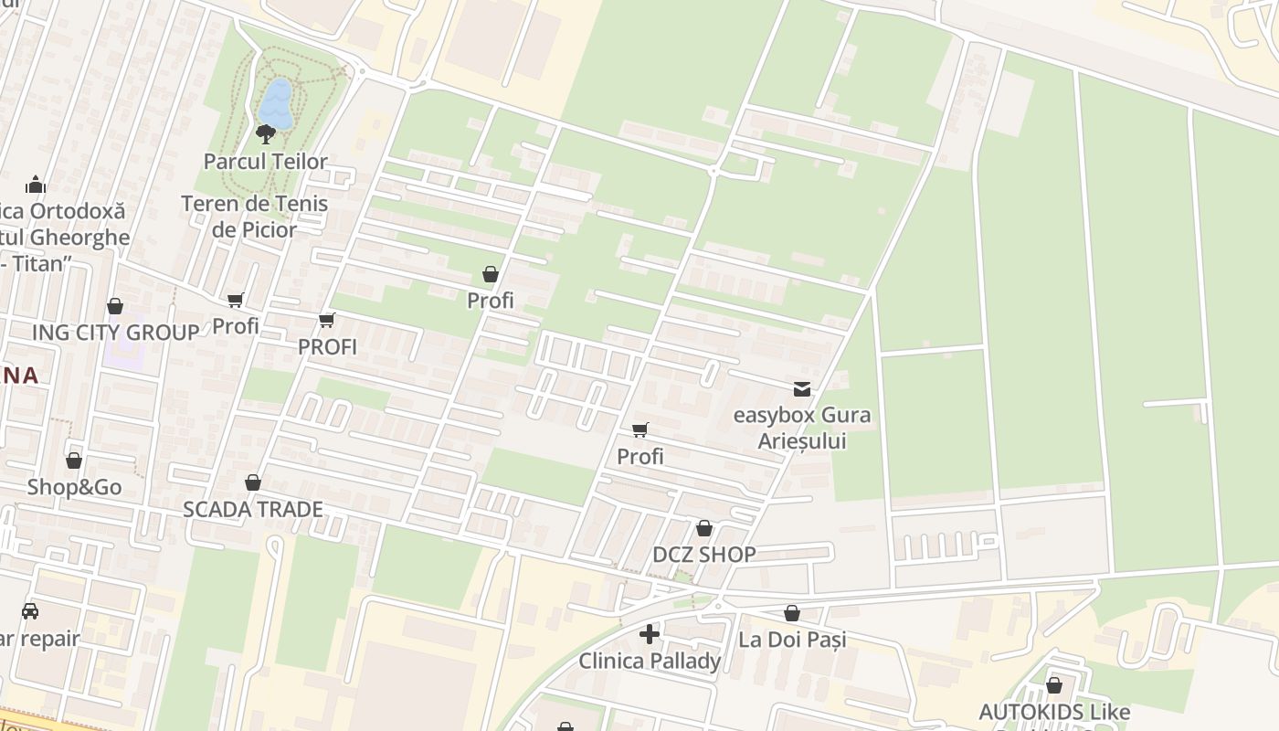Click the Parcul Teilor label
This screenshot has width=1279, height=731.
pos(265,162)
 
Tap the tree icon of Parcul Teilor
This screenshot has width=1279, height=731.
pos(266,135)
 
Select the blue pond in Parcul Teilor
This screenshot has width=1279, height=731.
pos(277,103)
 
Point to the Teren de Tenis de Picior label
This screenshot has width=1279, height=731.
pos(254,217)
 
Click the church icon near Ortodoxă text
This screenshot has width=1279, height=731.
pos(36,185)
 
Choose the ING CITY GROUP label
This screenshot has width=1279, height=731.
pos(115,333)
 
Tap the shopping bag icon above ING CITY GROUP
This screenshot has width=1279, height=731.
pos(115,306)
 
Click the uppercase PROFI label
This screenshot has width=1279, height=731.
pos(327,347)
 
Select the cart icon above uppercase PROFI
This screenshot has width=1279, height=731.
pos(327,320)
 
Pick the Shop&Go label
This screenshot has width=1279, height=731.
pos(74,487)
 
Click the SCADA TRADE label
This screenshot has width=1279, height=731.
pos(253,509)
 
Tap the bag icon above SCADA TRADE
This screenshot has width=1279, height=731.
pos(253,482)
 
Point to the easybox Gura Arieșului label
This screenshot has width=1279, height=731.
pos(802,428)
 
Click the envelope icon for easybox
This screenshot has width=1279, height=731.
pos(802,389)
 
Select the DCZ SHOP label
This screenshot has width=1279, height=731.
pos(703,555)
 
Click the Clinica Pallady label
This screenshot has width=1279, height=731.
pos(650,661)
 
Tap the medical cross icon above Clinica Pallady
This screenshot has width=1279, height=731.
pos(650,634)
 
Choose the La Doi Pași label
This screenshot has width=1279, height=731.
pos(792,640)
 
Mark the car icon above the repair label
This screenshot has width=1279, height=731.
pos(30,611)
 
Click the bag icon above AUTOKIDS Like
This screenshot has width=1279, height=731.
pos(1054,685)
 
